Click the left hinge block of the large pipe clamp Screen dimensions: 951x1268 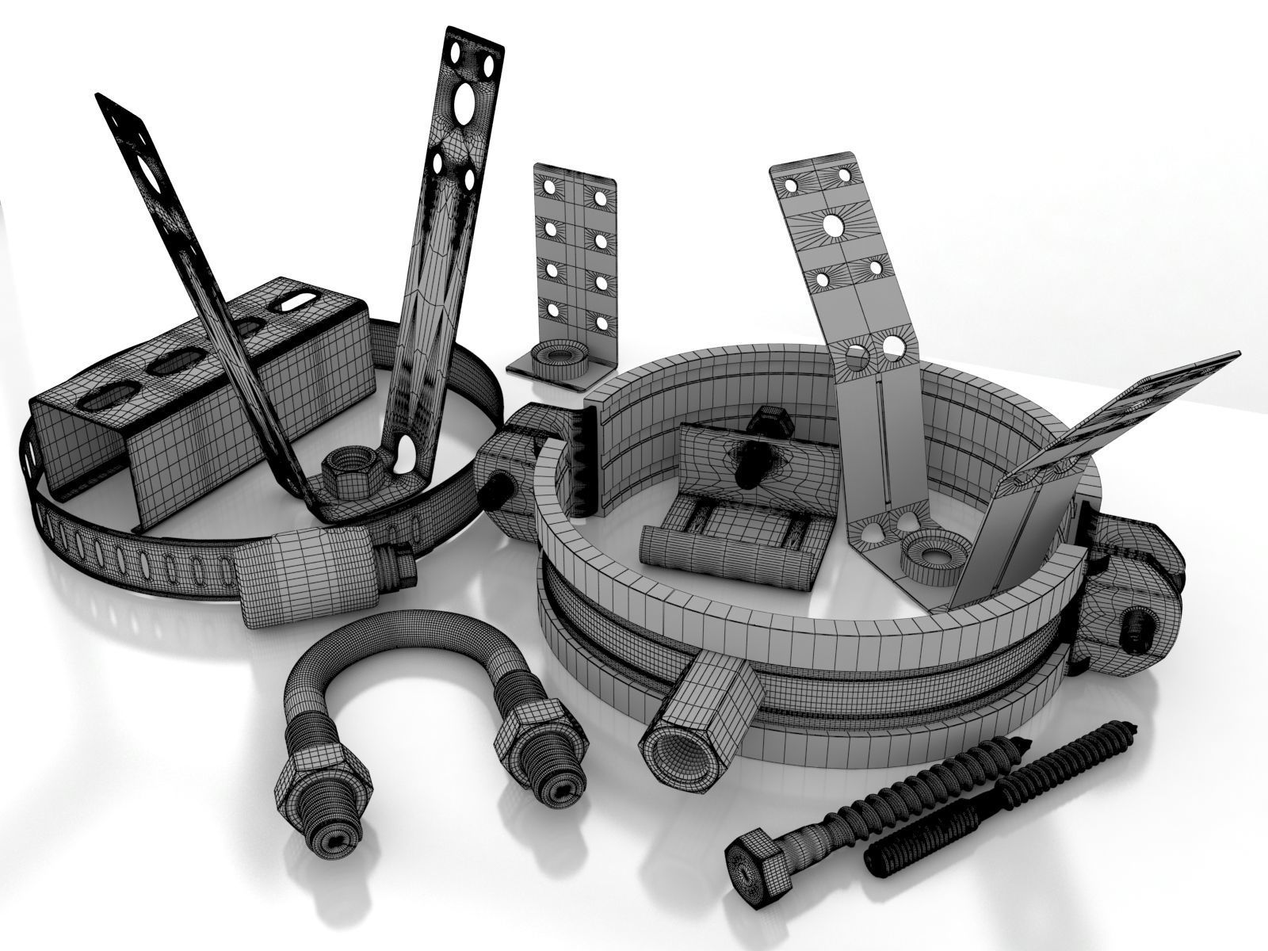(x=507, y=468)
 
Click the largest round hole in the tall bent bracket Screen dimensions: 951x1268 (x=832, y=227)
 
